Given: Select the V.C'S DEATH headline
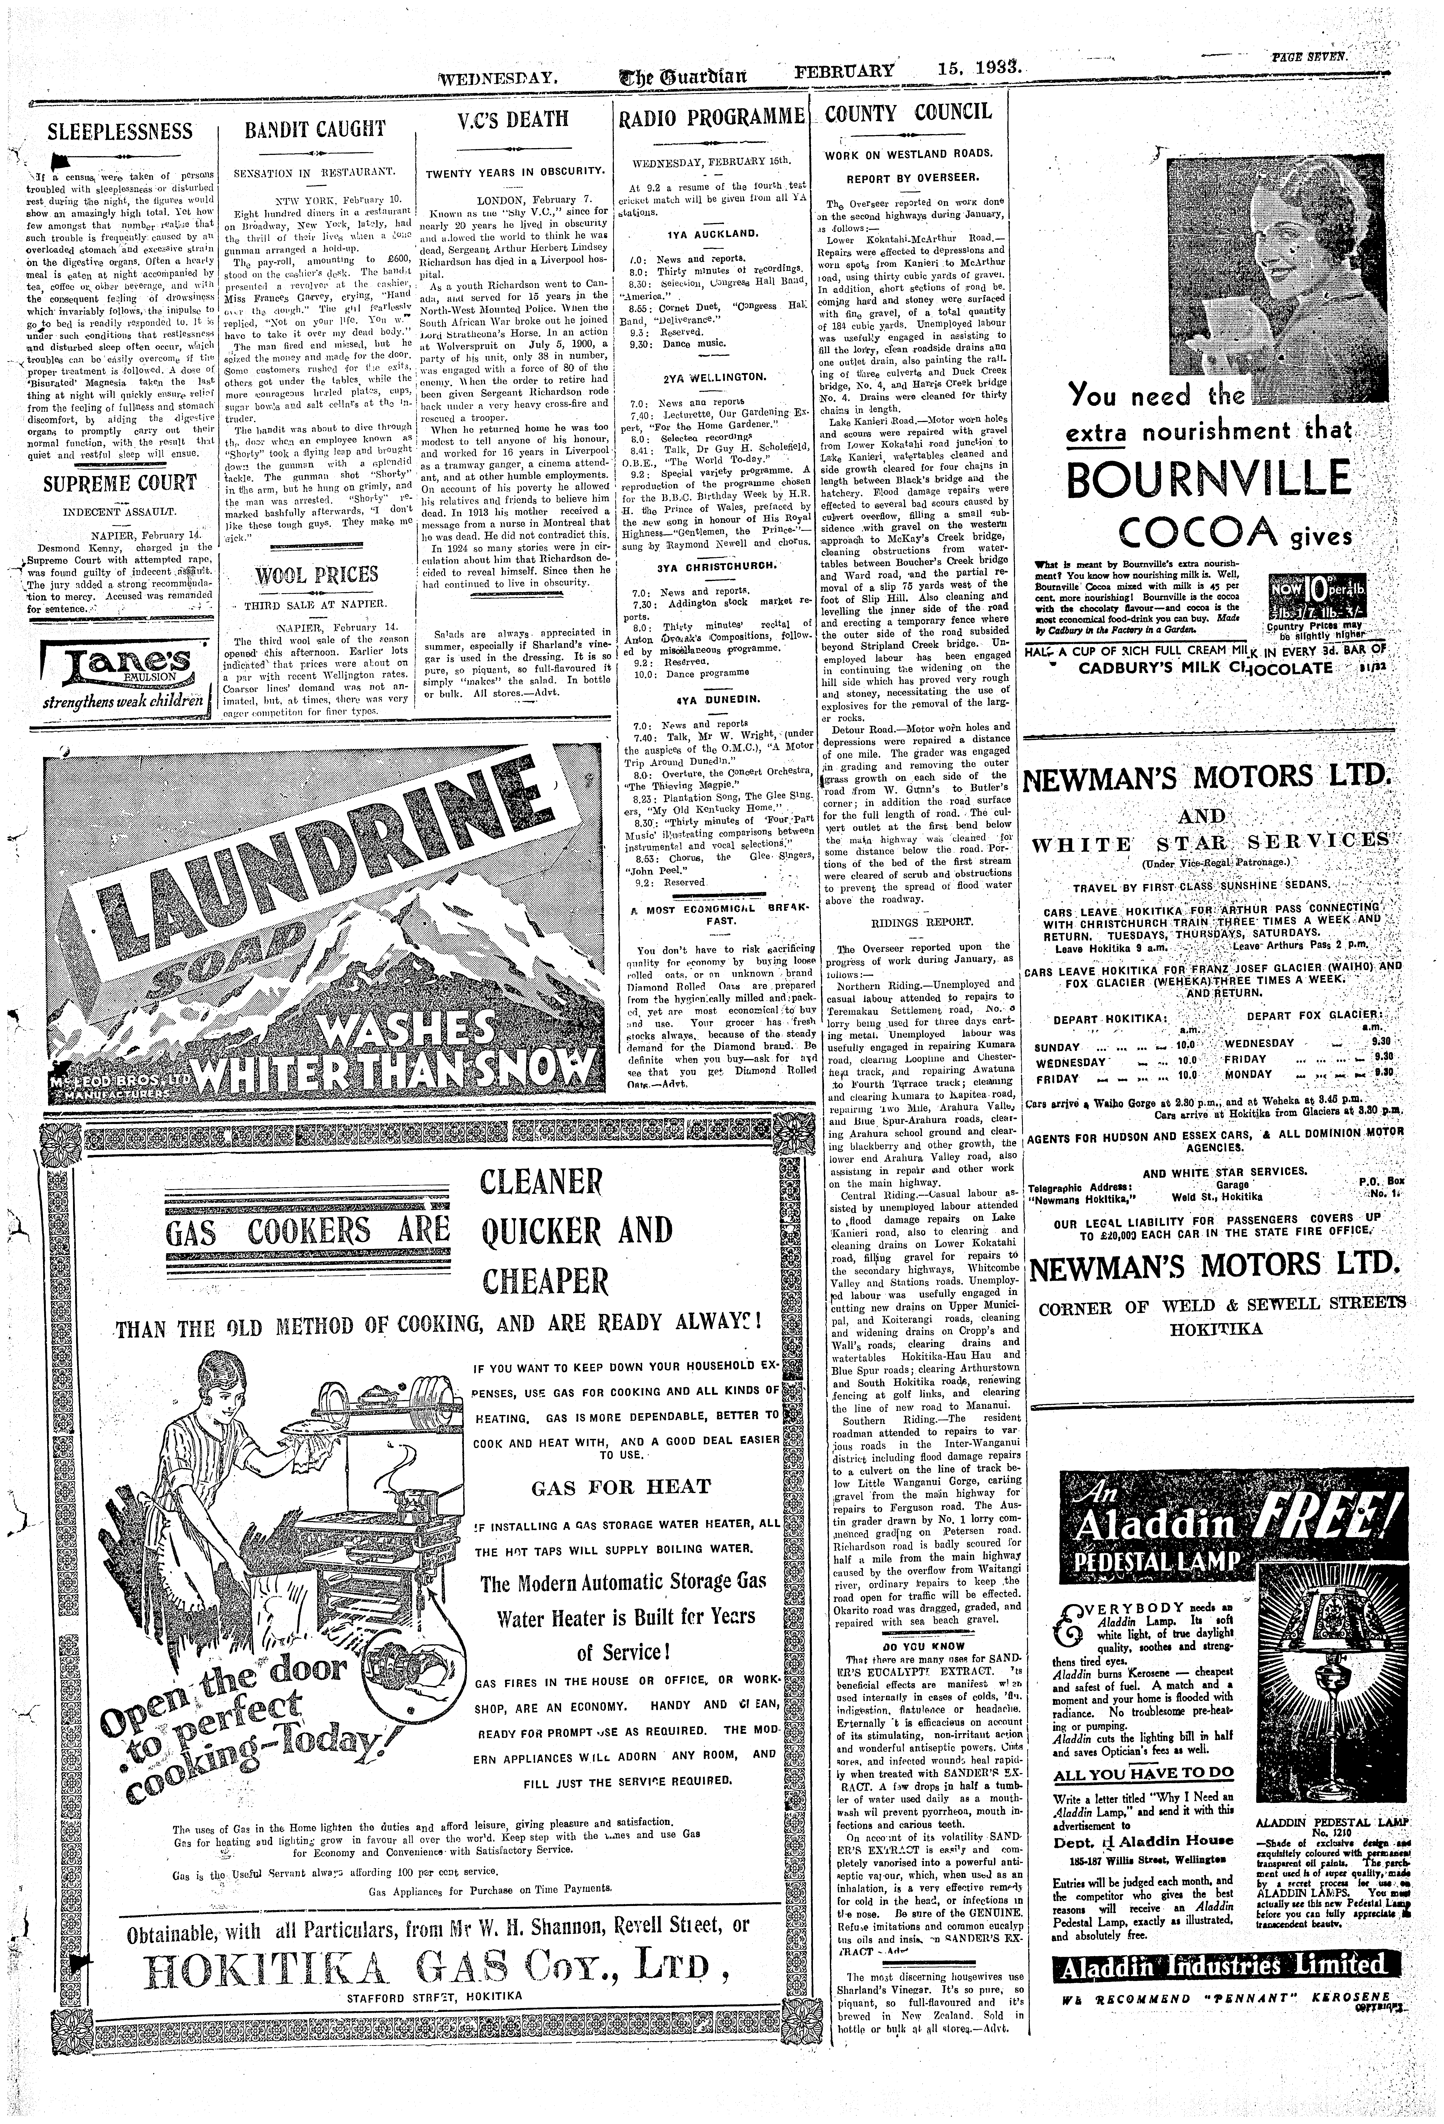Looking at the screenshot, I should (513, 120).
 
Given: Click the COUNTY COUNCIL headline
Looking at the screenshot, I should (908, 112).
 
